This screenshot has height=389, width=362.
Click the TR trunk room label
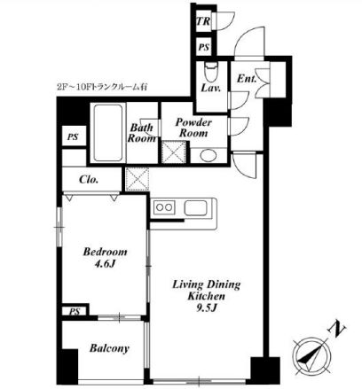coord(203,21)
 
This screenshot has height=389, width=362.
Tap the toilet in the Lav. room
coord(211,73)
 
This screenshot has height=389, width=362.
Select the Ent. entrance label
coord(247,78)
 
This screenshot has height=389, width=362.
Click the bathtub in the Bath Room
coord(108,133)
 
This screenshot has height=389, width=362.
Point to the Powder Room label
coord(193,128)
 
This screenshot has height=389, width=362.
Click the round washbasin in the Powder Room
coord(208,155)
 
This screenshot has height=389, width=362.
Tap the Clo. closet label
coord(89,179)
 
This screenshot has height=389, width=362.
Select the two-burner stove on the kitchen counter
coord(164,207)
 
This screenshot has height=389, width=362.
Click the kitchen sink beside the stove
coord(195,207)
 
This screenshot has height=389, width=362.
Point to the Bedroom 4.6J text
coord(105,257)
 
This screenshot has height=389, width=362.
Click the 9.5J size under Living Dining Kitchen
coord(207,307)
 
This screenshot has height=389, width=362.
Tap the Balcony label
coord(109,348)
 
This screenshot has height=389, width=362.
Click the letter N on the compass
coord(337,329)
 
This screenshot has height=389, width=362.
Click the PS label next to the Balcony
coord(75,311)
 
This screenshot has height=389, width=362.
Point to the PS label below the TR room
coord(203,47)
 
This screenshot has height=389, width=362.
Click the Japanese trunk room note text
coord(102,88)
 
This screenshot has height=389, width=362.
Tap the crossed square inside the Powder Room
coord(174,152)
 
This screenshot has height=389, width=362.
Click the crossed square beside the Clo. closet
coord(137,179)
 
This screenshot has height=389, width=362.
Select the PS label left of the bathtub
coord(73,136)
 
